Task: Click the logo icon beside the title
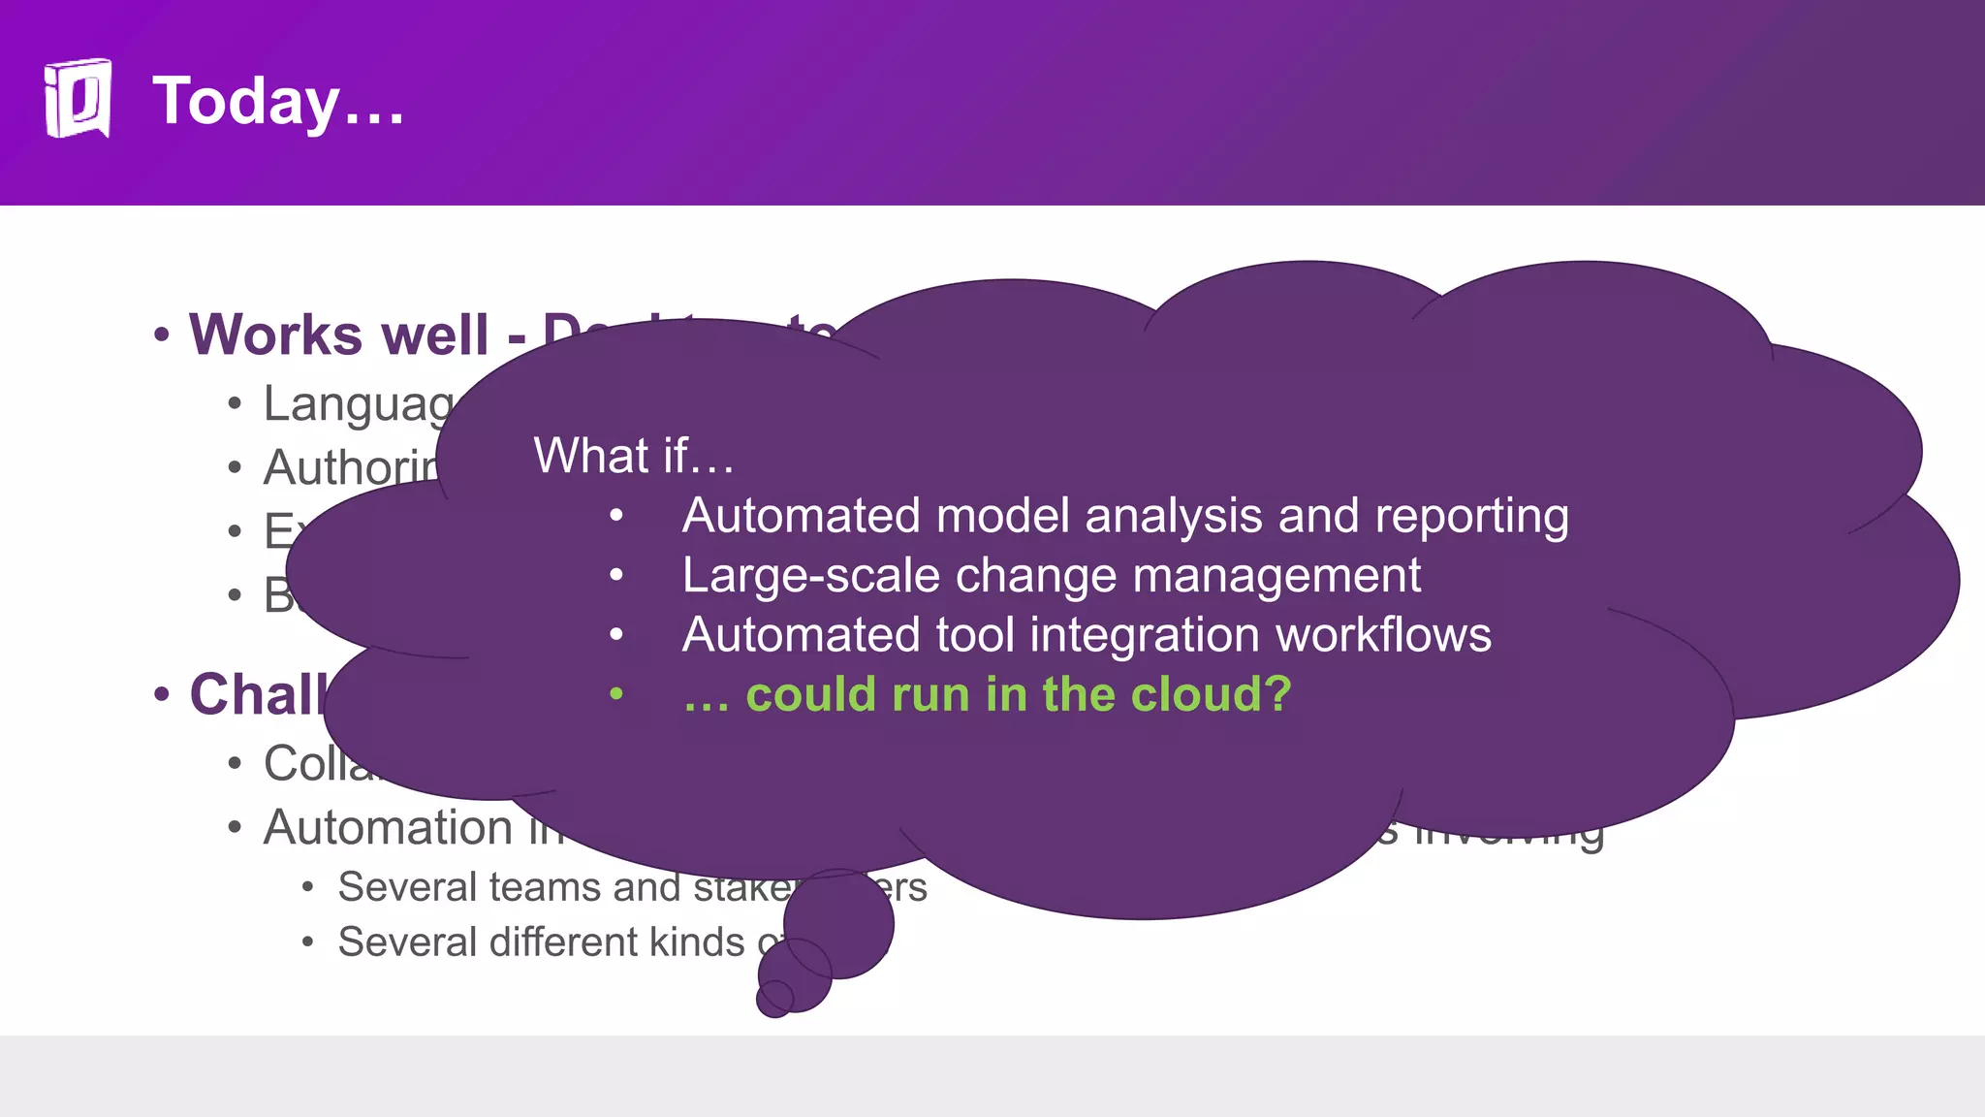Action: (x=78, y=99)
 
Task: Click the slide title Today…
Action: (x=278, y=101)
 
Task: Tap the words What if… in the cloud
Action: (x=634, y=456)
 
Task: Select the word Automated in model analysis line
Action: (x=801, y=516)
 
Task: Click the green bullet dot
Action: (x=616, y=694)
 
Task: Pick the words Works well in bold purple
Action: (x=338, y=335)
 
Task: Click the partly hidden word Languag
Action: (x=358, y=404)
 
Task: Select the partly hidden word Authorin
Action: (x=351, y=468)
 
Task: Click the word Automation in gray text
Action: (x=388, y=828)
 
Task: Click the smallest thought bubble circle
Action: (x=774, y=999)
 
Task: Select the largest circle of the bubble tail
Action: (x=839, y=923)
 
